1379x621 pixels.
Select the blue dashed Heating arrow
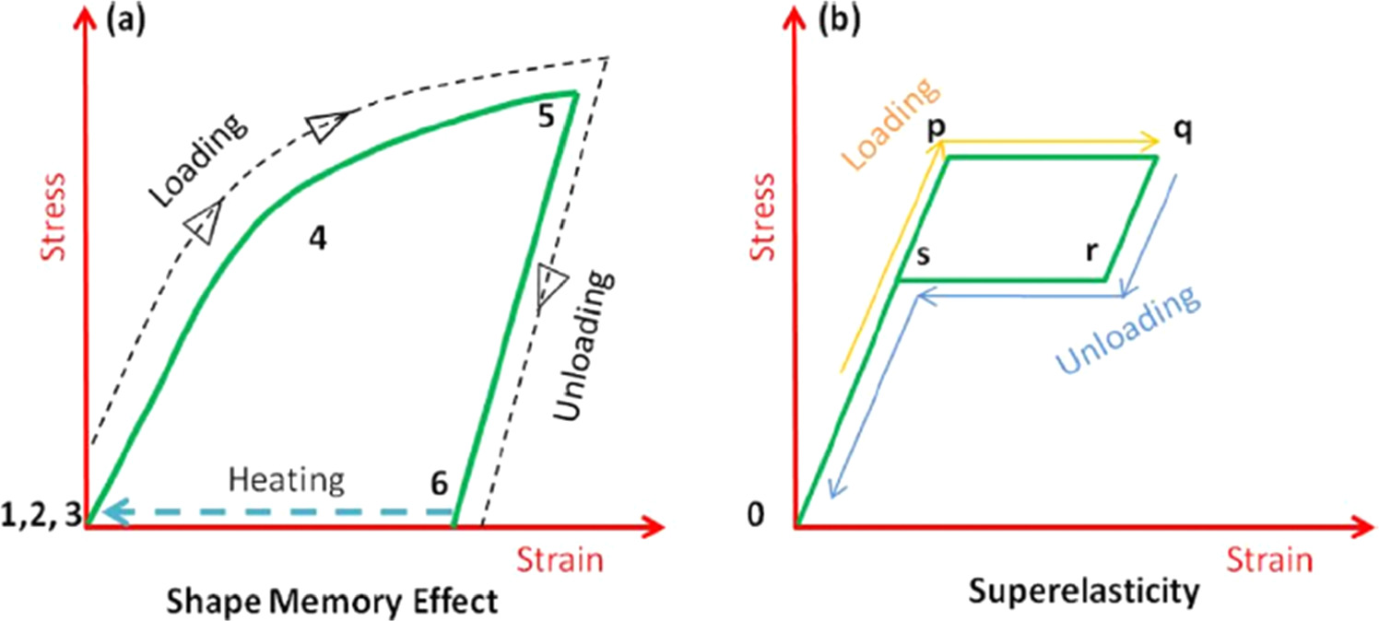pos(277,512)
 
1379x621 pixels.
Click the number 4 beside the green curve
pos(317,239)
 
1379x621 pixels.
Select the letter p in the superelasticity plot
pos(936,128)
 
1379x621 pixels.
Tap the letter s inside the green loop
pos(922,252)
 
